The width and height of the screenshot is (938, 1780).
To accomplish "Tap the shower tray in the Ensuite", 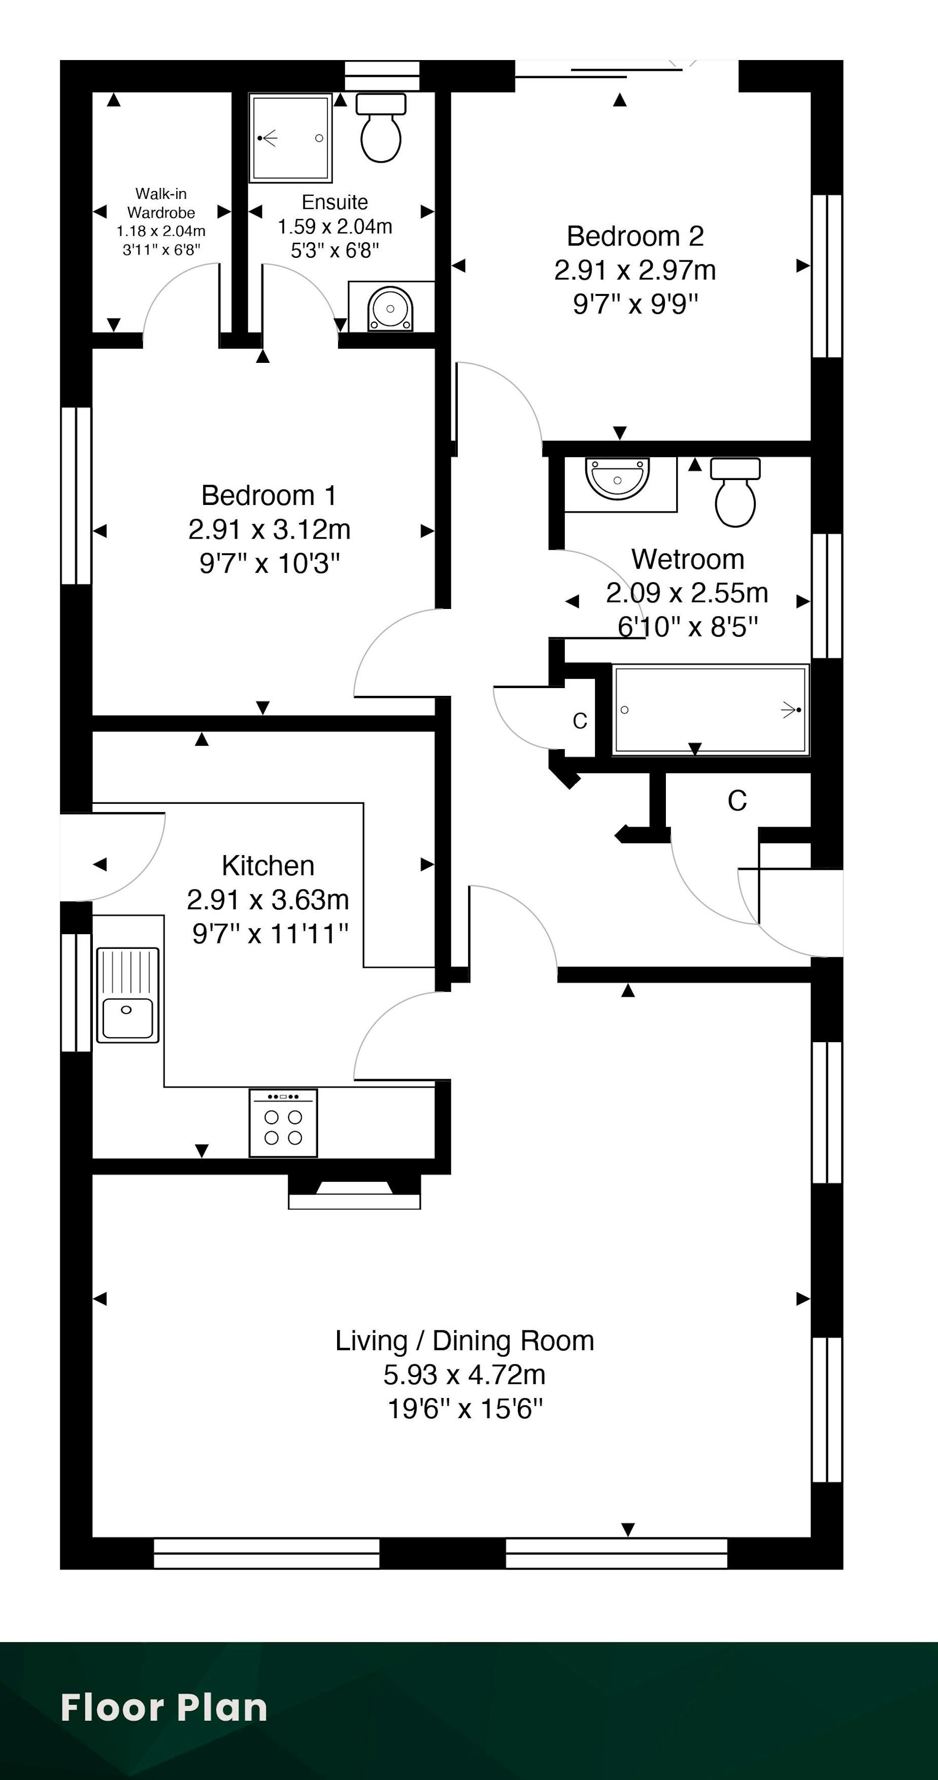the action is pos(290,138).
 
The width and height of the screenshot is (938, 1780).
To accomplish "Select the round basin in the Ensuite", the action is pos(390,308).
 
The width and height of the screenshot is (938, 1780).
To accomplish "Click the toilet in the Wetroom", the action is pos(735,492).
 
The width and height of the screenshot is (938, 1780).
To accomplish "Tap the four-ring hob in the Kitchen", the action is pos(283,1123).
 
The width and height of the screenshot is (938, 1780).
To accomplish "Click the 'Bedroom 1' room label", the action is pos(269,496).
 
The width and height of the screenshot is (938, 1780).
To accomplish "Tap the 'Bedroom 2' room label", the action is pos(635,236).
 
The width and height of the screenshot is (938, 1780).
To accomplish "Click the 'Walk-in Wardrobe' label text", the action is pos(161,203).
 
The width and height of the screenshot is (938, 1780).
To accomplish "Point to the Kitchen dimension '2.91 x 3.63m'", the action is pos(268,900).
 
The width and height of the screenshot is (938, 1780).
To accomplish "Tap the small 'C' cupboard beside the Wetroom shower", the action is pos(580,721).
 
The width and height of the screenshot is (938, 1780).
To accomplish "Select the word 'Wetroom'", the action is pos(688,559).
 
